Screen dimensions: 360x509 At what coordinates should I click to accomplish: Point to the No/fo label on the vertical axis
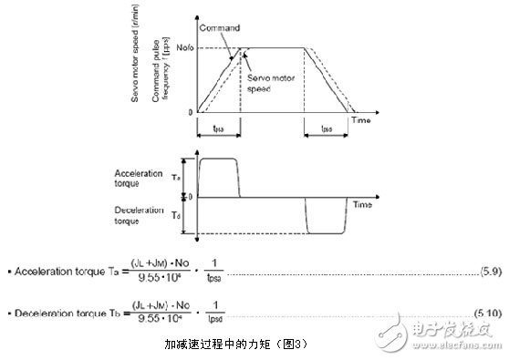tap(181, 47)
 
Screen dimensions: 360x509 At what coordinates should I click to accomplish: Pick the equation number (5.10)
tap(486, 312)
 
